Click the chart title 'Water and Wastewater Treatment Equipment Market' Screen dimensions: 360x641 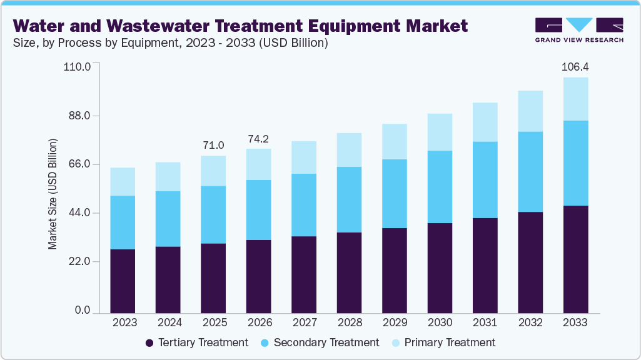(240, 26)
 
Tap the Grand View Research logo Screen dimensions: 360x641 (579, 30)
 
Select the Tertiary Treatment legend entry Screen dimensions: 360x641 (197, 342)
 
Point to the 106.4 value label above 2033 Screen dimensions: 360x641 (575, 66)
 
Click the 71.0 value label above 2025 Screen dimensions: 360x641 (213, 145)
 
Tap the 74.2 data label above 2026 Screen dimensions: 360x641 (258, 138)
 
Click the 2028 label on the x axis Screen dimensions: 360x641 (349, 323)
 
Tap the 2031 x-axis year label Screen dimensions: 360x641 (485, 323)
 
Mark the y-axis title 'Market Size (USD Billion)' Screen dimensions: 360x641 (53, 194)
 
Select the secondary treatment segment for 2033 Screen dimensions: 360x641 (575, 162)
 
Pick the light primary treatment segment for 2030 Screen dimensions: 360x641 (440, 132)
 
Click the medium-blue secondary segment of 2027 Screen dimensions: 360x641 (304, 204)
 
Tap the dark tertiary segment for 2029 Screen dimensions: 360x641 (394, 270)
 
